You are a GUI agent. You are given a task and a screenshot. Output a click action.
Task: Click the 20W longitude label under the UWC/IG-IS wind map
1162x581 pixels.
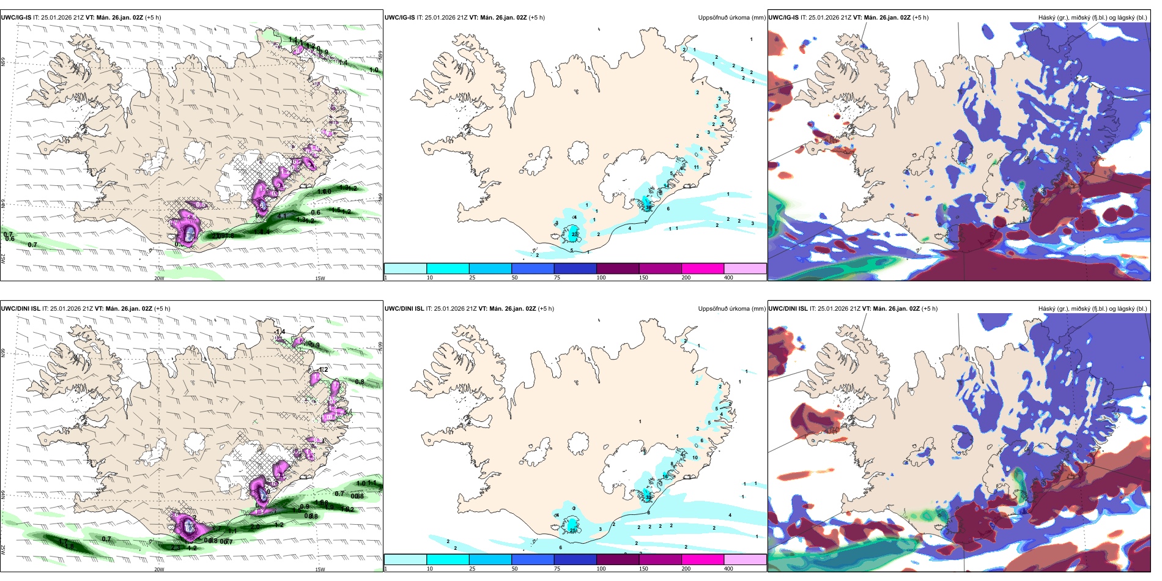tap(159, 278)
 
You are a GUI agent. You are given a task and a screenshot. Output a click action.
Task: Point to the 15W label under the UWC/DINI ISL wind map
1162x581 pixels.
tap(320, 569)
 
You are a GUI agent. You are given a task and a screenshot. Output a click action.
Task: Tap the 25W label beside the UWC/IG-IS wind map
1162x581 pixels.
tap(3, 258)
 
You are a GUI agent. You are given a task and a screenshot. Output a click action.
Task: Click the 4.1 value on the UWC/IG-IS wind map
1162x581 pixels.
tap(282, 216)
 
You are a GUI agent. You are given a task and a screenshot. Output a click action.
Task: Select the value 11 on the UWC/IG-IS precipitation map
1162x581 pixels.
tap(696, 167)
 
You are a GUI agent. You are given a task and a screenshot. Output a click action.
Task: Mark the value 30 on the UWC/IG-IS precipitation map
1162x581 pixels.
tap(648, 208)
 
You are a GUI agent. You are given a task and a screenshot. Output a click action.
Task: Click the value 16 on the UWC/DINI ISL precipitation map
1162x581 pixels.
tap(665, 476)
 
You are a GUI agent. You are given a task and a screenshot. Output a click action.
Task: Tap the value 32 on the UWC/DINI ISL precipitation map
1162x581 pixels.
tap(648, 498)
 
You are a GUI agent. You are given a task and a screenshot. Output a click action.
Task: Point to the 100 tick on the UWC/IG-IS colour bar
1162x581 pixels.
tap(601, 278)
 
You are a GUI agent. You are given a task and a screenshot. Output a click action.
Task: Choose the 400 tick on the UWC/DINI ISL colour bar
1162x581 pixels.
tap(728, 569)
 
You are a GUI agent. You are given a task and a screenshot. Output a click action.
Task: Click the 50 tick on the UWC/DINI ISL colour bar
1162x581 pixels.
tap(514, 569)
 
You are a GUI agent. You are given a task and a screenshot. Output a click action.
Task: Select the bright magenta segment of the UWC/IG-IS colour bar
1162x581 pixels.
tap(702, 268)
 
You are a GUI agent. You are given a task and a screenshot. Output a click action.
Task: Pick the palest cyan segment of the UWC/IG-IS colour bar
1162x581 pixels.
tap(405, 268)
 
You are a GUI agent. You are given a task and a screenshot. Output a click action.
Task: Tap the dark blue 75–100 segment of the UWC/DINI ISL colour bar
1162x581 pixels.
tap(575, 560)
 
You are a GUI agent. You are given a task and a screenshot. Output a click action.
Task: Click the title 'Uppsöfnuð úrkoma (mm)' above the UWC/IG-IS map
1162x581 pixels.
tap(731, 18)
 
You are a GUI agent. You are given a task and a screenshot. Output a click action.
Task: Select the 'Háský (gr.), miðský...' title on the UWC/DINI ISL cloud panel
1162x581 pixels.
tap(1092, 309)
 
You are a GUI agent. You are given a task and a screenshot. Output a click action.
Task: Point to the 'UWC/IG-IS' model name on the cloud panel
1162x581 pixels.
tap(783, 18)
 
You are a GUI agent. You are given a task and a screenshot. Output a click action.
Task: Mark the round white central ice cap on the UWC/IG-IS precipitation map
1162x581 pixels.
tap(578, 152)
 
